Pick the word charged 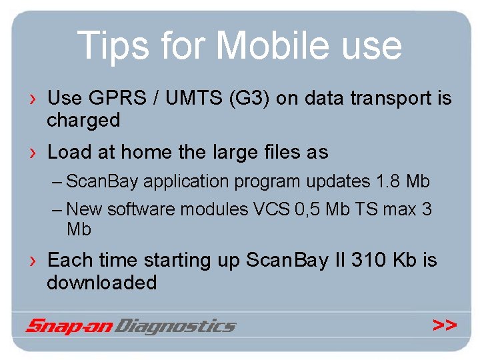(x=83, y=121)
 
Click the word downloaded (x=101, y=283)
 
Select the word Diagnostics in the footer (x=176, y=326)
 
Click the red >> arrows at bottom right (x=444, y=325)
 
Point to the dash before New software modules (x=58, y=209)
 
